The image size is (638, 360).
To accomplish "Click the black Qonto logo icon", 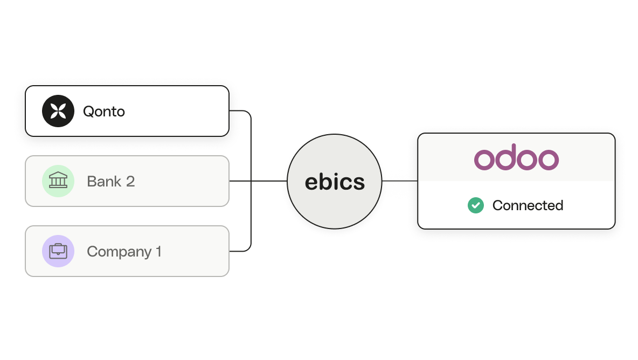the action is point(58,111).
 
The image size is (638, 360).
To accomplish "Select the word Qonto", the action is point(104,112).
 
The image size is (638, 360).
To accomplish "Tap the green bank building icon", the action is point(58,181).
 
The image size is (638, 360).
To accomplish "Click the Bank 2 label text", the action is point(110,182).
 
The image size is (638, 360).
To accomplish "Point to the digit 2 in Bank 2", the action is point(130,182).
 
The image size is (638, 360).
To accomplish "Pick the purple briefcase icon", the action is point(58,251).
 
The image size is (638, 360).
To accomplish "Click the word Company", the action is point(119,252).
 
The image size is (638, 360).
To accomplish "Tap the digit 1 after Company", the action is point(158,251).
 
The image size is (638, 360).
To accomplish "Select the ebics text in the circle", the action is point(335,182).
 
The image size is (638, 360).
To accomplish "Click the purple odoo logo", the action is point(516,157).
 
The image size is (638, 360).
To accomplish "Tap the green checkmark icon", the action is point(476,205).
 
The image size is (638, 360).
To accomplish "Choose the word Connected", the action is point(528,205).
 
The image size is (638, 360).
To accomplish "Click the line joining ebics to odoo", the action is point(400,181).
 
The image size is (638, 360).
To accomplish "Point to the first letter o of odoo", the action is point(484,160).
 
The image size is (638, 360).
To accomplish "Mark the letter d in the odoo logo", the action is point(506,157).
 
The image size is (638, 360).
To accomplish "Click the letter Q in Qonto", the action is point(89,112).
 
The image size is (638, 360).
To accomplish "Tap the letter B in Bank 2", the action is point(92,182).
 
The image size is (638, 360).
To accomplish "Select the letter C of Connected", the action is point(498,205).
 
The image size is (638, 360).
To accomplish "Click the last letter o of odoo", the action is point(549,160).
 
